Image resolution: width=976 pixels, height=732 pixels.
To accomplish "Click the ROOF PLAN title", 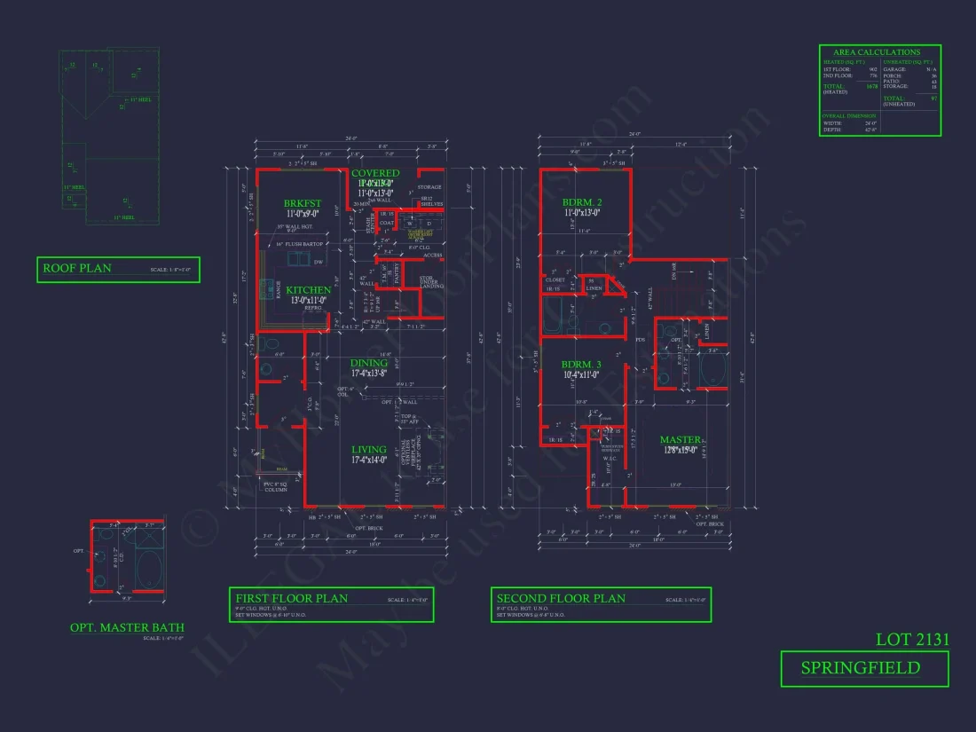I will click(x=77, y=268).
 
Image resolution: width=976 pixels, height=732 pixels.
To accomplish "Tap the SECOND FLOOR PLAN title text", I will click(x=560, y=598).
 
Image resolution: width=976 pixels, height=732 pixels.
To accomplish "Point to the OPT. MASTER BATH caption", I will click(x=128, y=627).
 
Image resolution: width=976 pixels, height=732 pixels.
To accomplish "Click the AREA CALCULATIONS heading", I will click(x=877, y=52).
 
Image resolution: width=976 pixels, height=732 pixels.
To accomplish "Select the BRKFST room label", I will click(x=302, y=203).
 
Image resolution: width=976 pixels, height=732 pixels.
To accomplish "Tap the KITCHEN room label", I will click(x=308, y=290).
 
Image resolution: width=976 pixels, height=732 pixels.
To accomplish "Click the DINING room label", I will click(x=368, y=363).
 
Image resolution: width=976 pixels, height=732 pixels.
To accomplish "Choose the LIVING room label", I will click(x=368, y=450).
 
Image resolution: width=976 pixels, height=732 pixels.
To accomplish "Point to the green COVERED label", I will click(x=375, y=173).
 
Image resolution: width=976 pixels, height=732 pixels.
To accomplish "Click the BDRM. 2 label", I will click(x=582, y=202).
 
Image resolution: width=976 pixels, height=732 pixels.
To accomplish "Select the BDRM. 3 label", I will click(x=581, y=365).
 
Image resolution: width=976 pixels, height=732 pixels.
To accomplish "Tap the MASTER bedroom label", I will click(x=681, y=440).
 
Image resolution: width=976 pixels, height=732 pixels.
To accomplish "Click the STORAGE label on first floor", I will click(x=429, y=187).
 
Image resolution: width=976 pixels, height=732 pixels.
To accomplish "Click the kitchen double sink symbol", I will click(x=295, y=259).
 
